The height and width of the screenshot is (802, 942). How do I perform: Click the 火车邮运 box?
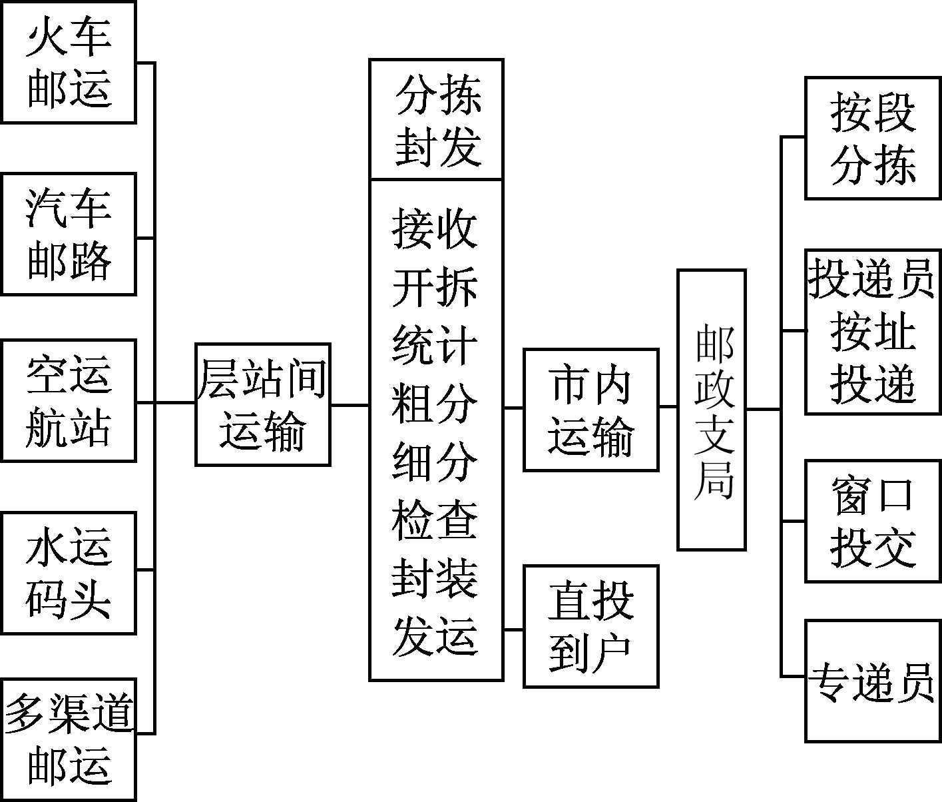tap(69, 63)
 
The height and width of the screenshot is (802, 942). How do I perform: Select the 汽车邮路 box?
tap(69, 234)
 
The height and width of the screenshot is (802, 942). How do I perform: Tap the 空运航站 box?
tap(69, 400)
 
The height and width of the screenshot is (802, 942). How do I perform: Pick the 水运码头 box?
tap(69, 573)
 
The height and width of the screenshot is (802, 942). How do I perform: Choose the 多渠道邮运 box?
tap(69, 739)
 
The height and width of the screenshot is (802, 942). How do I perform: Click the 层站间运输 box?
tap(263, 404)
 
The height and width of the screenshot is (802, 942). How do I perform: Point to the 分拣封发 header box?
tap(436, 120)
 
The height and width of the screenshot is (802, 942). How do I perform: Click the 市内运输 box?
tap(590, 410)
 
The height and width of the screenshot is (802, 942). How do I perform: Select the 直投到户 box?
tap(590, 626)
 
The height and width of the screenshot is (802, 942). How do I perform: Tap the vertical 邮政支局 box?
tap(711, 410)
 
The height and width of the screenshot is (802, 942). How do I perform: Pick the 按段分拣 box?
tap(873, 138)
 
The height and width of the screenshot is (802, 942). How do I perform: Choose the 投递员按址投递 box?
tap(873, 332)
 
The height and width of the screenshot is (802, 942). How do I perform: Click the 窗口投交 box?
tap(873, 521)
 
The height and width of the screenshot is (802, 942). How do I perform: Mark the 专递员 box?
tap(873, 681)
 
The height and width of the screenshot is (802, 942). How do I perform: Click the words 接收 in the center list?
tap(434, 228)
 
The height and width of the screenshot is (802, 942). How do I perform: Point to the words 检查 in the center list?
tap(434, 520)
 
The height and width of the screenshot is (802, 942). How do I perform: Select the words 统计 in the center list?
tap(434, 345)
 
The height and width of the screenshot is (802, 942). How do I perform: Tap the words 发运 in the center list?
tap(434, 636)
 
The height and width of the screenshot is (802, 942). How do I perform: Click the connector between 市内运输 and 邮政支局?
tap(668, 406)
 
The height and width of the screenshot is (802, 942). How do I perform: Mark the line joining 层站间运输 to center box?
tap(350, 404)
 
